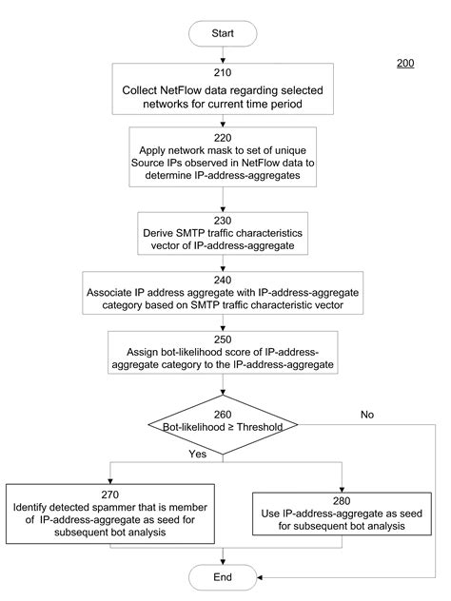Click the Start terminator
tap(223, 32)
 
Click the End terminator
tap(223, 576)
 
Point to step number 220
tap(223, 136)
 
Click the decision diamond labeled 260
tap(223, 419)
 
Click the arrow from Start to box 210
tap(223, 55)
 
